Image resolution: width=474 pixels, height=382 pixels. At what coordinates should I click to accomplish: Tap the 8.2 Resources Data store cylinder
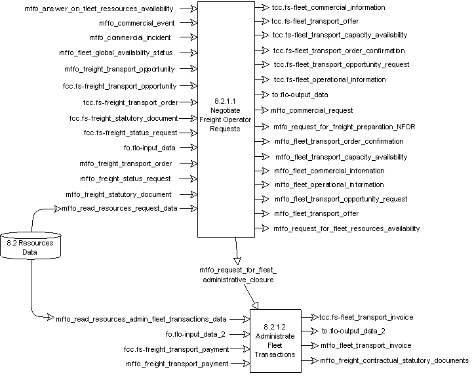tap(31, 243)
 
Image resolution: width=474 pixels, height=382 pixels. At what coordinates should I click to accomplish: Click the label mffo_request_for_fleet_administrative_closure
tap(238, 274)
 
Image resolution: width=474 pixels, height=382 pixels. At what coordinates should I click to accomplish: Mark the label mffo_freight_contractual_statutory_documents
tap(394, 360)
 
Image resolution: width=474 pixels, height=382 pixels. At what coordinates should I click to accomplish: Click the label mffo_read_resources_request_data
tap(128, 208)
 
